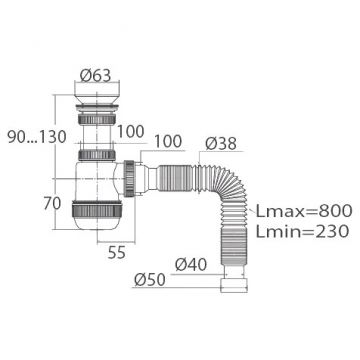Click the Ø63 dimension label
click(95, 76)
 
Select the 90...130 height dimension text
click(37, 137)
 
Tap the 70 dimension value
click(52, 203)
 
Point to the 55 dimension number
click(117, 253)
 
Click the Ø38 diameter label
click(221, 144)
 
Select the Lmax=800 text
click(304, 211)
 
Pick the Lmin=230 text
click(302, 231)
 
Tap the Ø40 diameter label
click(191, 265)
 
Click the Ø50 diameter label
click(150, 280)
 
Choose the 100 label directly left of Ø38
click(168, 141)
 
